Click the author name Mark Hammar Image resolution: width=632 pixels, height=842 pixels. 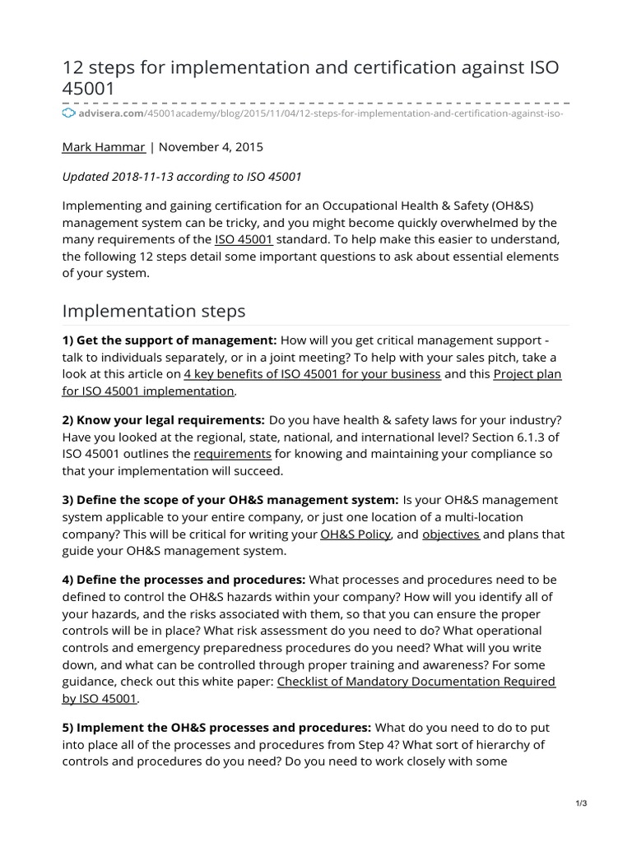pos(105,147)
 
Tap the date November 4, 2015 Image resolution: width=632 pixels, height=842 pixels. pos(211,147)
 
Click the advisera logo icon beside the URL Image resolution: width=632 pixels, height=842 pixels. pos(68,112)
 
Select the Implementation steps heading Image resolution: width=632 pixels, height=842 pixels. pos(154,311)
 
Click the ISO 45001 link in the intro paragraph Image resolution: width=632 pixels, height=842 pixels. pos(244,239)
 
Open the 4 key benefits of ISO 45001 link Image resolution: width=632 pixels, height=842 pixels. pos(313,374)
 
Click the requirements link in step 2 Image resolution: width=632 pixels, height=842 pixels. pos(233,454)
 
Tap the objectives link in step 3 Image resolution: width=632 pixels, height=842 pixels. pos(451,534)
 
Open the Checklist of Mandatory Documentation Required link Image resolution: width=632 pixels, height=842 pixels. pos(416,681)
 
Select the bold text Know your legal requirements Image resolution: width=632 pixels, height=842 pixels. pos(164,420)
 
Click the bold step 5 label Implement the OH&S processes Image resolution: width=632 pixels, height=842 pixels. pos(217,727)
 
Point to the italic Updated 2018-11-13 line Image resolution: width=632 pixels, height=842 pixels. pos(183,176)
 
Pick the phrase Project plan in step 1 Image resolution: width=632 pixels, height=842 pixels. pos(527,374)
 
